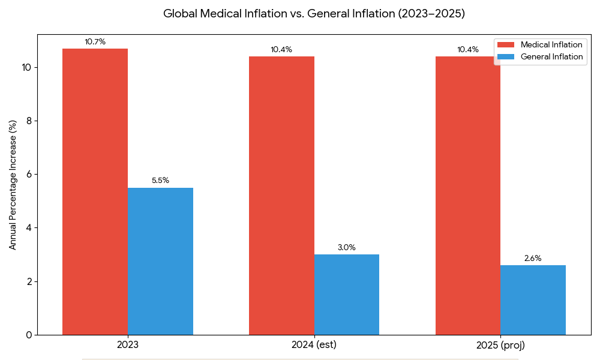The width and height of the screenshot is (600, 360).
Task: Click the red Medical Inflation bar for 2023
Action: coord(95,191)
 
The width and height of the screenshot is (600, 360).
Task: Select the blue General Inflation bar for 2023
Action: coord(160,261)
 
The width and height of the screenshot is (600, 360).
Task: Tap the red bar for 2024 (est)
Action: coord(281,195)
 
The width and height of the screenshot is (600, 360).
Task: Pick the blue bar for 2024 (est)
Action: coord(347,295)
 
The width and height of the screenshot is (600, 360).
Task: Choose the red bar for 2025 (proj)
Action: coord(468,195)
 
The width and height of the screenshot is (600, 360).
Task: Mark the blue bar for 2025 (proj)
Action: coord(533,300)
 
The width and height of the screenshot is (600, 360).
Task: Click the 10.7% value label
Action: coord(95,42)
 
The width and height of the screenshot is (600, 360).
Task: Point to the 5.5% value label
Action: coord(160,180)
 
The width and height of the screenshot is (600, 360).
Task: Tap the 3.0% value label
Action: coord(347,247)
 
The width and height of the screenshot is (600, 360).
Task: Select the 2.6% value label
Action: coord(533,258)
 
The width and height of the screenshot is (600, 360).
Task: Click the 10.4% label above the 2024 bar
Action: coord(281,50)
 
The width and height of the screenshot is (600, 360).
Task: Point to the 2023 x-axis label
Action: coord(128,346)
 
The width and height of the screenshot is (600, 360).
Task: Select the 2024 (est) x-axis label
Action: coord(314,346)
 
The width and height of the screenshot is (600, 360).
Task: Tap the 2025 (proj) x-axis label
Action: coord(500,346)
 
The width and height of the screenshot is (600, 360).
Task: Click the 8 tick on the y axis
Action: coord(28,121)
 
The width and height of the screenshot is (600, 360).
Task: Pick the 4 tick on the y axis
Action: coord(28,228)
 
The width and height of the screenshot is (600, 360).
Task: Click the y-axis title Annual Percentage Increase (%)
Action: coord(13,185)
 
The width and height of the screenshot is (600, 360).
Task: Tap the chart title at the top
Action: coord(314,13)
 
